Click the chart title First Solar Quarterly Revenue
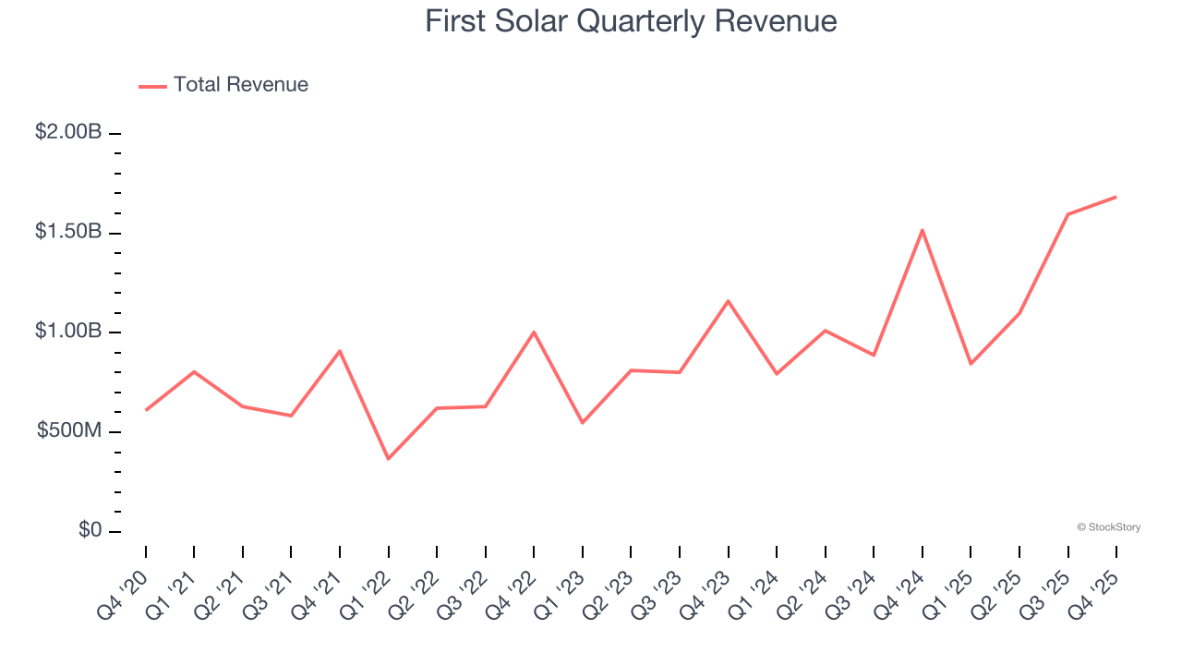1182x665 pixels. tap(631, 21)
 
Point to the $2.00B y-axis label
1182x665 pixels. tap(68, 132)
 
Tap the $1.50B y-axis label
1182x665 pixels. tap(68, 232)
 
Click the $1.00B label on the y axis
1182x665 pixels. tap(68, 332)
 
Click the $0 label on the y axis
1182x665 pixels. tap(89, 531)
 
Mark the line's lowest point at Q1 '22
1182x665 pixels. tap(388, 459)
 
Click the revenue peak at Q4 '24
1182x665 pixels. tap(923, 230)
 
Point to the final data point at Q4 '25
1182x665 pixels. tap(1116, 197)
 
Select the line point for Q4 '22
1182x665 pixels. tap(534, 332)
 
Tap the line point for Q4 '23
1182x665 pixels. tap(728, 301)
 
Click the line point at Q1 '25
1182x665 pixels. tap(971, 364)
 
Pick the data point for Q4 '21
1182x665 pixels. tap(340, 351)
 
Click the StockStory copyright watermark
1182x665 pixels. tap(1108, 527)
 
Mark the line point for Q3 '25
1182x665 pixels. tap(1067, 214)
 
